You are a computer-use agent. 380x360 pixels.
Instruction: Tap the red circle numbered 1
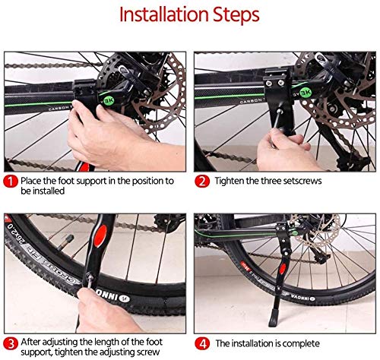[11, 182]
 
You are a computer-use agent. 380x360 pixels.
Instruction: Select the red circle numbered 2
[202, 182]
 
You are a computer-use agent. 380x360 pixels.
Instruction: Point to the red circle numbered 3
[11, 343]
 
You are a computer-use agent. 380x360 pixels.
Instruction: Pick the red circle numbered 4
[202, 343]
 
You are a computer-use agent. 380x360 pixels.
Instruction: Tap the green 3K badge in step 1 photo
[109, 100]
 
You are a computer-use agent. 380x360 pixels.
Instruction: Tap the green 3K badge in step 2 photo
[306, 93]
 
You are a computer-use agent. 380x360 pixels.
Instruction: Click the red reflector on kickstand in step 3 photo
[100, 236]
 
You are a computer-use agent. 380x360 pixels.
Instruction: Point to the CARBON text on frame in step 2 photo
[251, 101]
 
